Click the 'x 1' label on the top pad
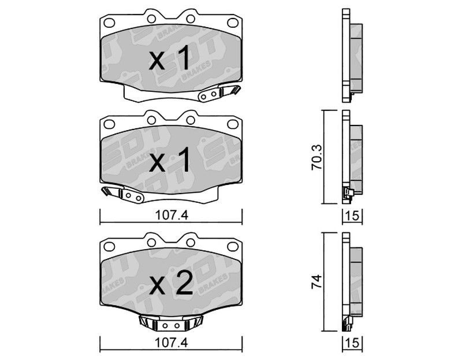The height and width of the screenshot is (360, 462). point(169,59)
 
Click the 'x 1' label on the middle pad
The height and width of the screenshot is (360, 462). point(169,161)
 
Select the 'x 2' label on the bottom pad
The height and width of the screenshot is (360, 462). point(171,284)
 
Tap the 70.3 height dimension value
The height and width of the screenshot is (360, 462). point(317,157)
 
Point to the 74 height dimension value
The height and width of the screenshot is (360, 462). point(317,281)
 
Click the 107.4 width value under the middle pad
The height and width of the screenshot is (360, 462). point(172,216)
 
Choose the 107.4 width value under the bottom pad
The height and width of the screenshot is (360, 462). point(172,343)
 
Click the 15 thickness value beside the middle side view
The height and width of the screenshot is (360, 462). point(352,216)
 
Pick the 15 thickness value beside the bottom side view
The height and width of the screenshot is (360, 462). point(352,343)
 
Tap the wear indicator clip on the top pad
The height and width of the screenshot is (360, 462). point(219,93)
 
